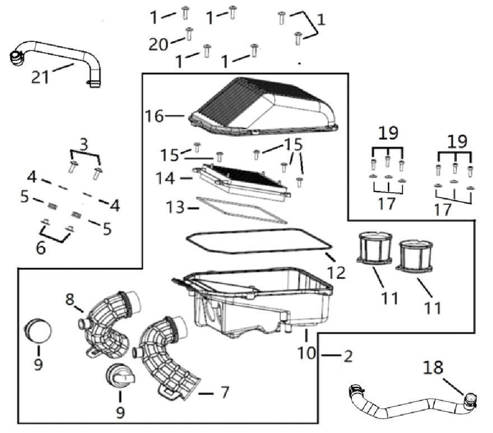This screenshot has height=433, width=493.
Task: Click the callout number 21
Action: (40, 77)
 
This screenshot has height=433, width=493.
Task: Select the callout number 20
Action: (159, 44)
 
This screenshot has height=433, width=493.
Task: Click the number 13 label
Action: (176, 208)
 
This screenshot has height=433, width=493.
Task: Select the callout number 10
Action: (306, 354)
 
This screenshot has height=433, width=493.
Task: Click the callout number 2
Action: (348, 356)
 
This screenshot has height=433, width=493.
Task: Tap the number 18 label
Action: (433, 367)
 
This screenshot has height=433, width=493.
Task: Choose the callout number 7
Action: (224, 392)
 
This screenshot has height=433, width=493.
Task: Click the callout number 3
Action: (83, 144)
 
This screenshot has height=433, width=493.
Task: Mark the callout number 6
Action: (40, 247)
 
